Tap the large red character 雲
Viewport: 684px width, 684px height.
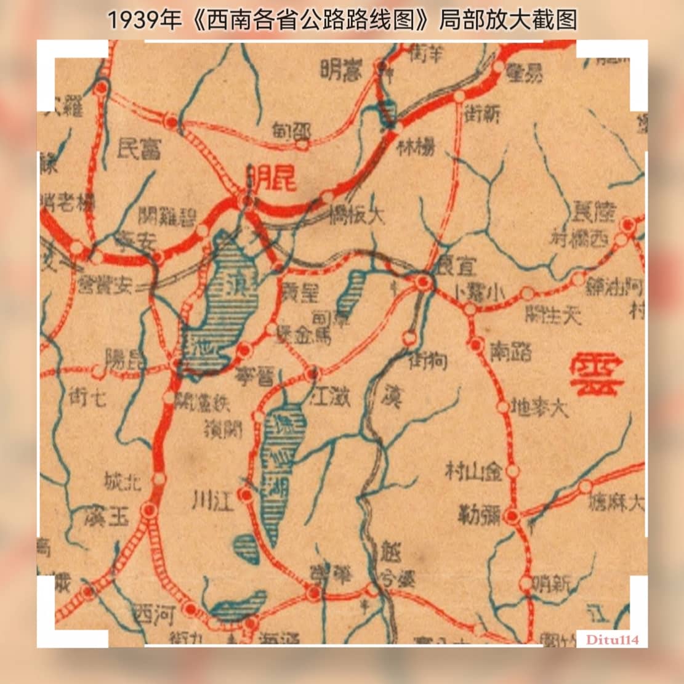pos(597,375)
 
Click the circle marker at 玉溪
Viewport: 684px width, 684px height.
pos(148,510)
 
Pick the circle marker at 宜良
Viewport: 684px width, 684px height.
pos(423,283)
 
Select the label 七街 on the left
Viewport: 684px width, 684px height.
pos(88,397)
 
